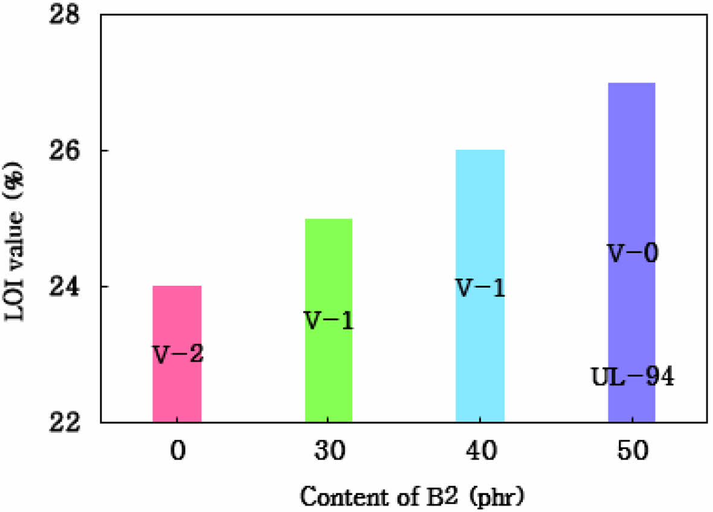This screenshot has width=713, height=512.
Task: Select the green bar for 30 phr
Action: [328, 374]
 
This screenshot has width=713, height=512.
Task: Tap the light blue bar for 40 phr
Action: [479, 350]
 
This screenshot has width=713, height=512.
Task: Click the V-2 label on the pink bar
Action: [177, 355]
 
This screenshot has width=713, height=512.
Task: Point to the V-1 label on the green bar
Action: [328, 321]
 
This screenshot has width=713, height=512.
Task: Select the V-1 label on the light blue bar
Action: [479, 289]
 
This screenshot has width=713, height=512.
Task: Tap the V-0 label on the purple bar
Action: [632, 254]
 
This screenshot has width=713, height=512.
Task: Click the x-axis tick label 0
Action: [177, 452]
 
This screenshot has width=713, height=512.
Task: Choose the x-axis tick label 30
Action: [328, 452]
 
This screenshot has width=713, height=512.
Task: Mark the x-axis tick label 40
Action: [480, 452]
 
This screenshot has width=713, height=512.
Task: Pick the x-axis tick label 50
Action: [631, 452]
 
